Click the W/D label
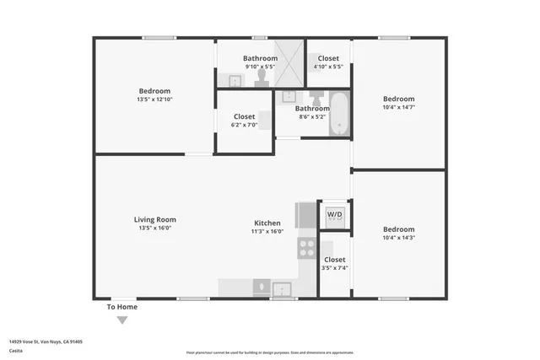point(335,215)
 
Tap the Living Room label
point(154,219)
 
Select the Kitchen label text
point(267,223)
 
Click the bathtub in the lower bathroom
point(340,114)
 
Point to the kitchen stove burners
point(306,248)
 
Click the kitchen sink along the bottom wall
point(281,289)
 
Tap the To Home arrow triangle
point(122,320)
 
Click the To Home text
point(121,307)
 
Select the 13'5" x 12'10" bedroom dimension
point(154,99)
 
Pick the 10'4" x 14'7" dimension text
point(398,107)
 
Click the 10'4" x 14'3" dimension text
point(398,238)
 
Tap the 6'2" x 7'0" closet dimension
point(244,125)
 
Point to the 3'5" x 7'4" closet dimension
point(334,268)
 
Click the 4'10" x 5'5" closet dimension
point(328,67)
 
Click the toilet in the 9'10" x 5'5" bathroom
point(262,78)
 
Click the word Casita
point(16,351)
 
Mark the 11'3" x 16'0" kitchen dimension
point(267,231)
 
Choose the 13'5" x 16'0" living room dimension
point(154,228)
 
